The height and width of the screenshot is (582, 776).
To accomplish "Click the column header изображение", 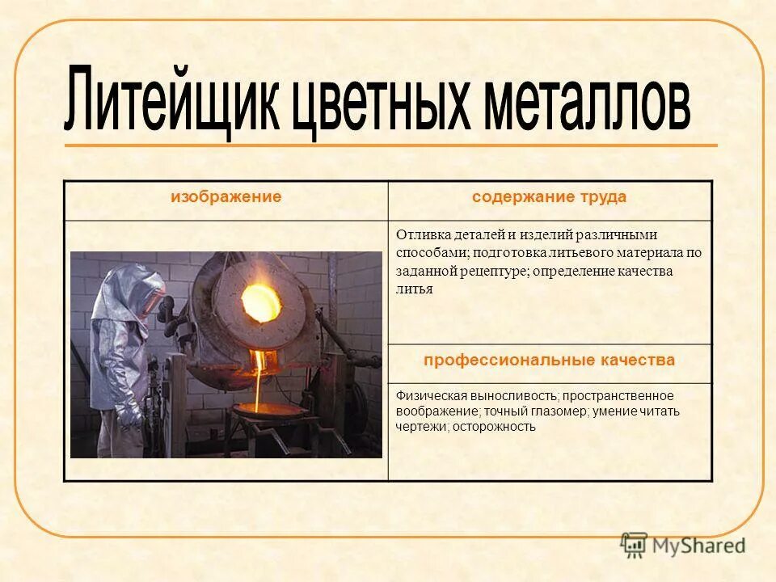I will click(226, 197).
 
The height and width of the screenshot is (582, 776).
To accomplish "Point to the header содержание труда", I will click(550, 197).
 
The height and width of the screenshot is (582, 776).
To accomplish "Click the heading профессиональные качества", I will click(550, 361).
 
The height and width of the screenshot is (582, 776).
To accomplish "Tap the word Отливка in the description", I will click(420, 235).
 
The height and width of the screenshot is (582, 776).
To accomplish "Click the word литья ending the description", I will click(415, 289).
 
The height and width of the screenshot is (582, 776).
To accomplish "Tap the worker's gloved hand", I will click(129, 416).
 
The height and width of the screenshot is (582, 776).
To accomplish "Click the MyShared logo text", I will click(700, 545).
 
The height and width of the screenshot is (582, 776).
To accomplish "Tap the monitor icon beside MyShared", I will click(635, 544).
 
